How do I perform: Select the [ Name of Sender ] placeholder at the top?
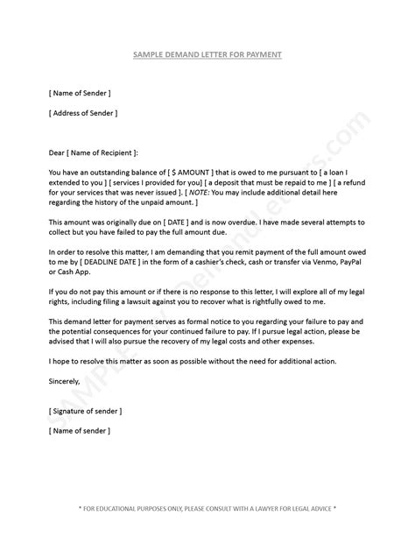[80, 92]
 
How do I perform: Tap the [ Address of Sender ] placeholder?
[83, 113]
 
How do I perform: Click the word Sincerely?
[64, 381]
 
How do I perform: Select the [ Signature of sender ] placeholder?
[86, 411]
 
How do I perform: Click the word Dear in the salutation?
[57, 152]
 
